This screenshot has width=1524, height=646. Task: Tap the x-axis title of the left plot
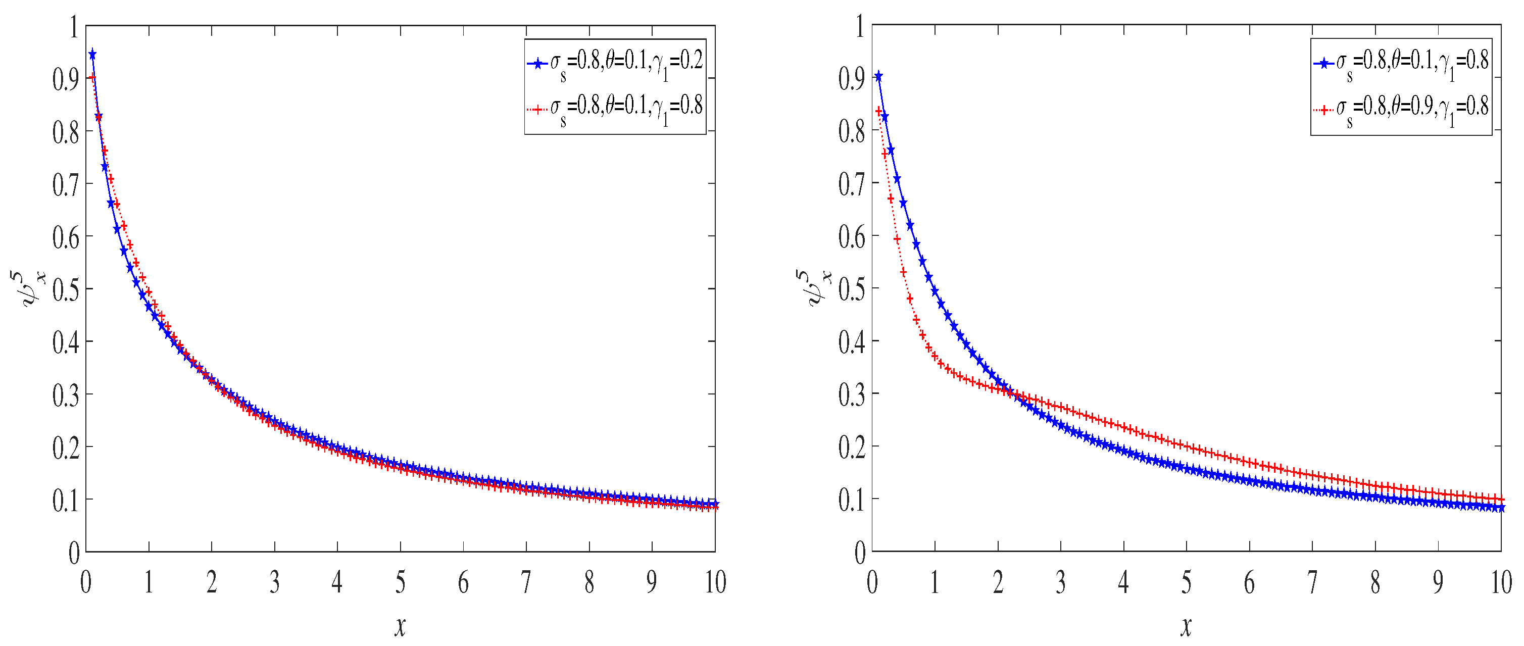click(401, 626)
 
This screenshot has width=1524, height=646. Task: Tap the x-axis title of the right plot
click(1186, 626)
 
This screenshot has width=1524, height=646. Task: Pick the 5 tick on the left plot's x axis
click(401, 583)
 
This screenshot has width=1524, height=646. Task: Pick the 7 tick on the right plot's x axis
click(1312, 583)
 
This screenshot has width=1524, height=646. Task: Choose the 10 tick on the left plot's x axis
click(715, 583)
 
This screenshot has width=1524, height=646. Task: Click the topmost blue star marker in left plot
click(92, 55)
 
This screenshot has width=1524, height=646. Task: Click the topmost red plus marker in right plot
click(879, 111)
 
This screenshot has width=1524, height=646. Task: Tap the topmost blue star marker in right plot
click(878, 76)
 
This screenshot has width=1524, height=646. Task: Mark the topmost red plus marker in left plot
click(92, 77)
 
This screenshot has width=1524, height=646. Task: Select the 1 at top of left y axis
click(74, 27)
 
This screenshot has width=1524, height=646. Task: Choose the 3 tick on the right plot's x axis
click(1061, 583)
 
